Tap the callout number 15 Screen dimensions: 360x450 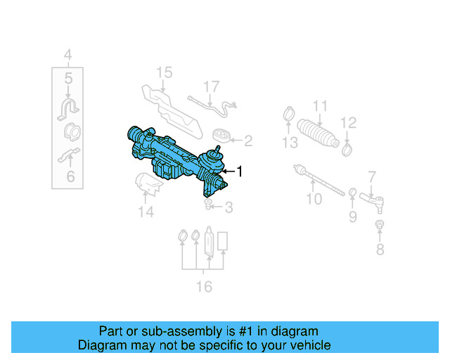(163, 72)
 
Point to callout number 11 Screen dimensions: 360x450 (320, 107)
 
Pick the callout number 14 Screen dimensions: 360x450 (146, 211)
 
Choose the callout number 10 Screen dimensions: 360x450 (314, 199)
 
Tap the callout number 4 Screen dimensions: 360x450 (68, 54)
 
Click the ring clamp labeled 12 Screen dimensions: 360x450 (347, 148)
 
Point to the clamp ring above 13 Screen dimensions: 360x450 (289, 112)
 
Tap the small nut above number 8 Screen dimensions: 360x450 (380, 225)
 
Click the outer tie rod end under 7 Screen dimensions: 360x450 (371, 200)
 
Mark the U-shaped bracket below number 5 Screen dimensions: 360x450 (68, 107)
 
